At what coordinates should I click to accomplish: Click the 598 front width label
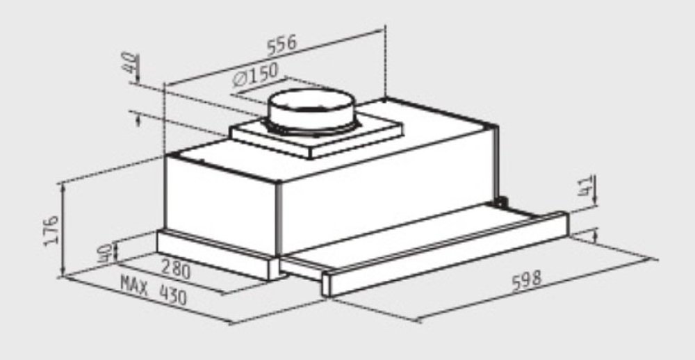pos(525,281)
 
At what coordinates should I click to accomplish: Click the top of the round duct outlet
pos(311,101)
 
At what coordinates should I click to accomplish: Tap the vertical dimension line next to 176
pos(63,229)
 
